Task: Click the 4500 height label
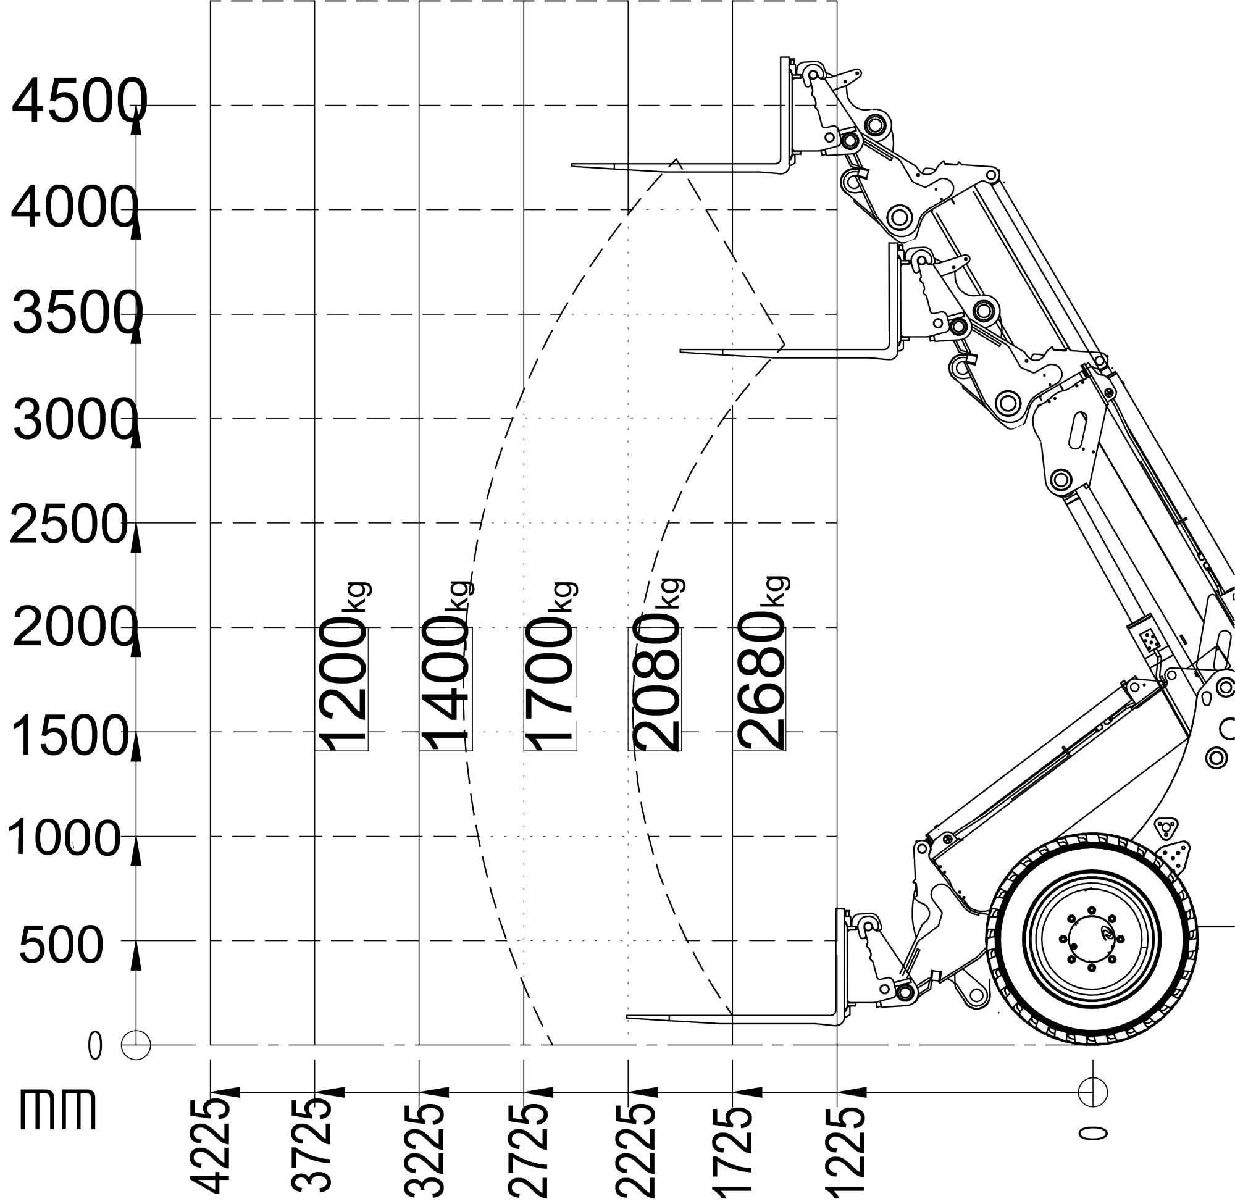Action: pos(79,102)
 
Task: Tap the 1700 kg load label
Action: pos(551,664)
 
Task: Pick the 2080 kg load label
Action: pos(656,664)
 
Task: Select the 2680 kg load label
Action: pos(761,664)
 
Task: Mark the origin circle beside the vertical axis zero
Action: pos(135,1045)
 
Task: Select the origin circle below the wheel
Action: pos(1093,1092)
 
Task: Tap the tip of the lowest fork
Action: pos(627,1017)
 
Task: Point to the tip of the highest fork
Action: pos(573,165)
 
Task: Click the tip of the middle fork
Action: pos(681,350)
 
